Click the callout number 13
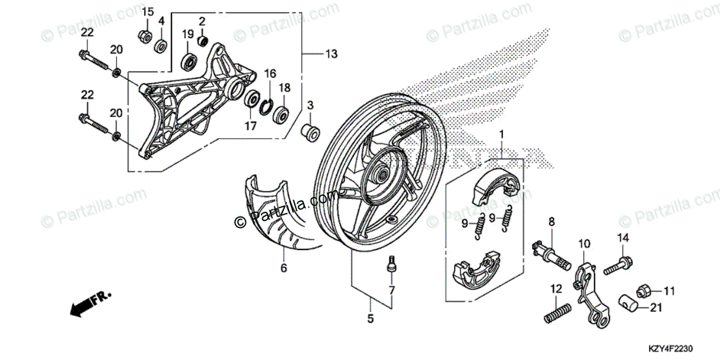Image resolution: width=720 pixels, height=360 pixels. pos(332,55)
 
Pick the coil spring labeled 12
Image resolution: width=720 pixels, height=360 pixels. pos(557,313)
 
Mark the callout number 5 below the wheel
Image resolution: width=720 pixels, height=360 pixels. pos(370,319)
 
